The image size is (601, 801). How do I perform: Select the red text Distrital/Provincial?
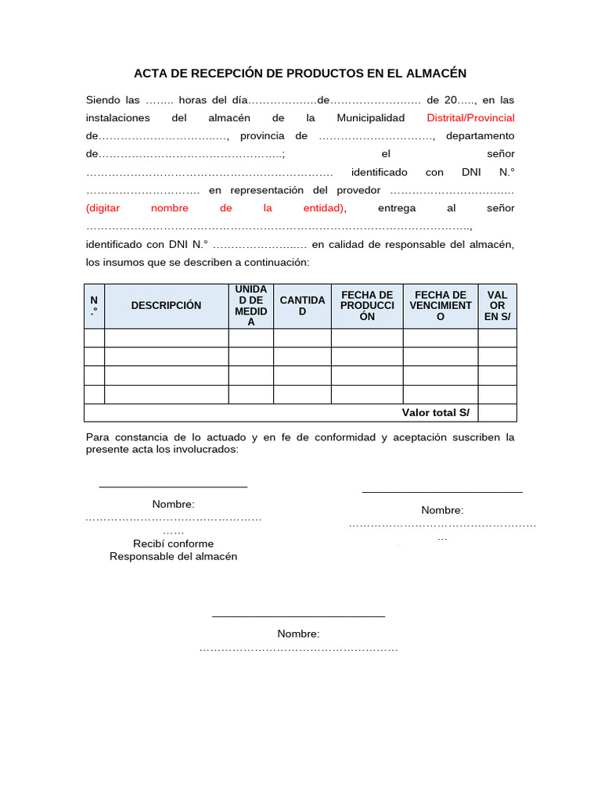click(x=470, y=118)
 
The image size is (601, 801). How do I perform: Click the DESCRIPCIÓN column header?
click(x=166, y=306)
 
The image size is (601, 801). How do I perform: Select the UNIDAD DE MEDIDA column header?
click(x=250, y=306)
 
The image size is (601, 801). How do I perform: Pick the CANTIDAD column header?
click(x=302, y=306)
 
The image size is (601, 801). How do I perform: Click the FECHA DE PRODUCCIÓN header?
click(x=367, y=306)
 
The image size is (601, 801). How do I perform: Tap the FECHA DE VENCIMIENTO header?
click(x=441, y=306)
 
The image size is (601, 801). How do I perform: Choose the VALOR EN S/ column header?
click(x=497, y=306)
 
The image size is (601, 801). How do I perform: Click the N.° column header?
click(x=94, y=306)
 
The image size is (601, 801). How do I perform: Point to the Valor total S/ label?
click(x=435, y=413)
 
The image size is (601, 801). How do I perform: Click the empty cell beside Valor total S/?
click(x=497, y=413)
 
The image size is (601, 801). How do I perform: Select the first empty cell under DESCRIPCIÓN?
click(x=166, y=338)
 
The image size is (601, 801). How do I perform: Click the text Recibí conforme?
click(x=173, y=544)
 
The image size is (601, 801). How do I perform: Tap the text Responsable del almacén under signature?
click(x=173, y=557)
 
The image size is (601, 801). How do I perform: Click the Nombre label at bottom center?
click(x=298, y=634)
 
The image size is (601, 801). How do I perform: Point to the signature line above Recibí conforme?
click(x=173, y=487)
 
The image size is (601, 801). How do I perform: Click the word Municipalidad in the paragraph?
click(x=370, y=118)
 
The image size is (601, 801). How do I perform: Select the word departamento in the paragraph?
click(x=480, y=136)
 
